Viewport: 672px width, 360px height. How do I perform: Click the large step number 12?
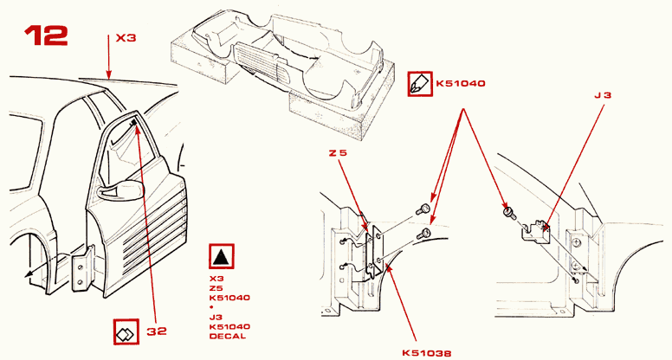tap(46, 35)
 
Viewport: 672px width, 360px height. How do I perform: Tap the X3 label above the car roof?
tap(126, 38)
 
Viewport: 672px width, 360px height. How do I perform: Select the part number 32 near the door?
tap(156, 330)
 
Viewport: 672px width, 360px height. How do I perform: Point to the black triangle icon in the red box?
tap(223, 257)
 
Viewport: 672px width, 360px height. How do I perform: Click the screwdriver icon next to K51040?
tap(420, 84)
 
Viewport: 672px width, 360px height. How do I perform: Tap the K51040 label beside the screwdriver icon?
tap(461, 84)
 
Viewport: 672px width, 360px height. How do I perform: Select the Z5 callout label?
tap(338, 154)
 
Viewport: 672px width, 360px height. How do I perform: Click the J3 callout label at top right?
tap(604, 95)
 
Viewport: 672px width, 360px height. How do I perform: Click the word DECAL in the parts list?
tap(227, 336)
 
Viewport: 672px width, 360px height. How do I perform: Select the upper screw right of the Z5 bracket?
tap(424, 209)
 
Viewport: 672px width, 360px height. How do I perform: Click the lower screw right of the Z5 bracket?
tap(426, 233)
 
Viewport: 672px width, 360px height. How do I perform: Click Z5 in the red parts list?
tap(216, 288)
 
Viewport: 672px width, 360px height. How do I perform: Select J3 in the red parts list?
tap(216, 317)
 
